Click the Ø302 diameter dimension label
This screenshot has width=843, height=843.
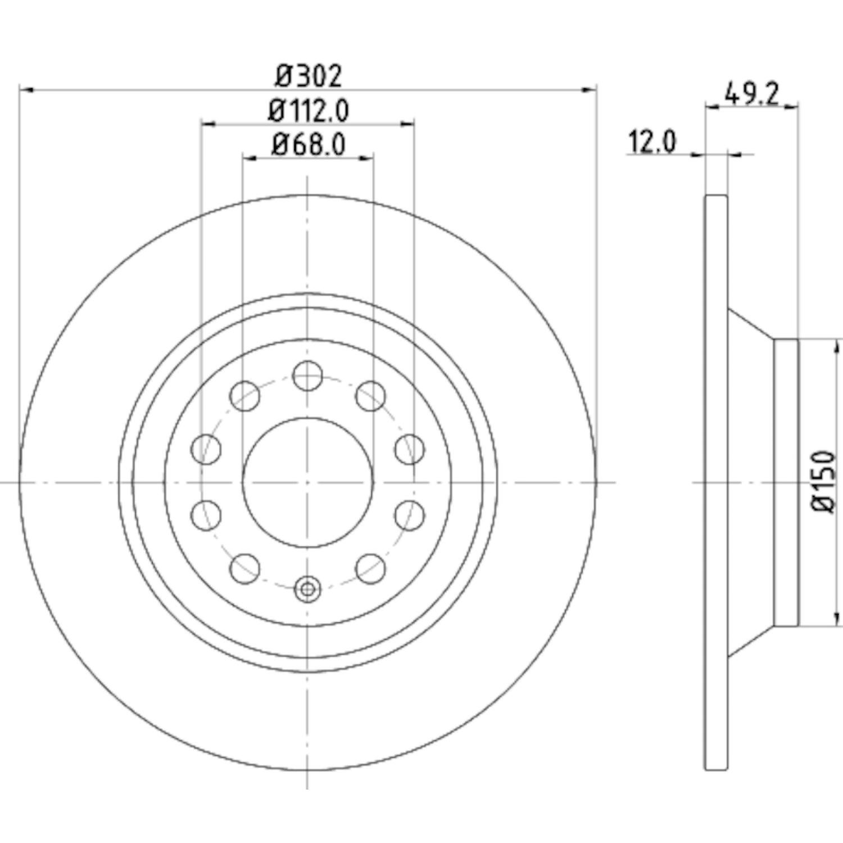tap(309, 76)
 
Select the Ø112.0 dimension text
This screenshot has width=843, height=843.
tap(309, 111)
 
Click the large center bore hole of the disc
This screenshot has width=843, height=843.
tap(308, 482)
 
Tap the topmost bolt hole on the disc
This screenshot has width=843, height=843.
tap(308, 375)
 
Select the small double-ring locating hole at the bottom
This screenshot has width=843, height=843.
tap(307, 589)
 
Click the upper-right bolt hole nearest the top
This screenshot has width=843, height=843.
tap(371, 395)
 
